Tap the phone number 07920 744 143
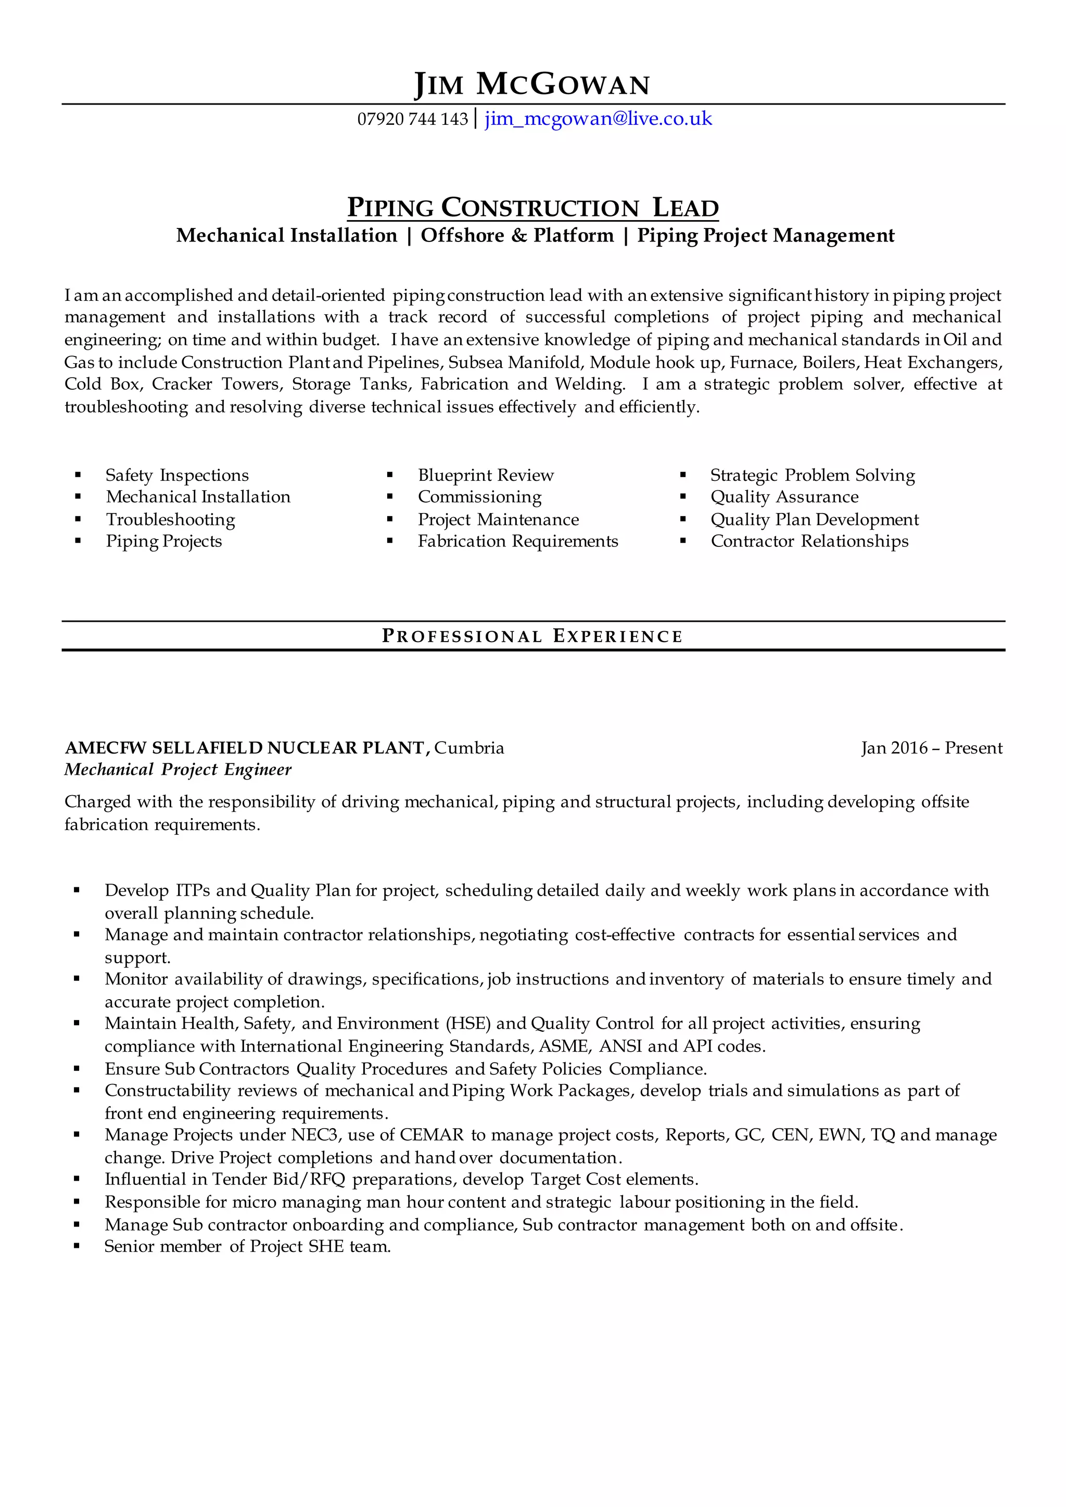click(x=412, y=120)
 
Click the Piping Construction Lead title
click(x=532, y=208)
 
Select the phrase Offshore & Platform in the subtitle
click(x=517, y=236)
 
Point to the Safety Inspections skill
click(x=177, y=475)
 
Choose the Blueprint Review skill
click(x=486, y=475)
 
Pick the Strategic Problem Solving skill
click(x=812, y=475)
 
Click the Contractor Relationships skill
click(x=809, y=542)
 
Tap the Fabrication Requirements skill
click(x=518, y=542)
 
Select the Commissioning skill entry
click(x=480, y=497)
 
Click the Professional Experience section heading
click(x=532, y=636)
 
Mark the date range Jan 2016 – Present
click(x=931, y=748)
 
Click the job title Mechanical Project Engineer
click(x=178, y=770)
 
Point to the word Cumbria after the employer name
click(x=469, y=748)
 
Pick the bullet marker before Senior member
click(x=77, y=1246)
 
